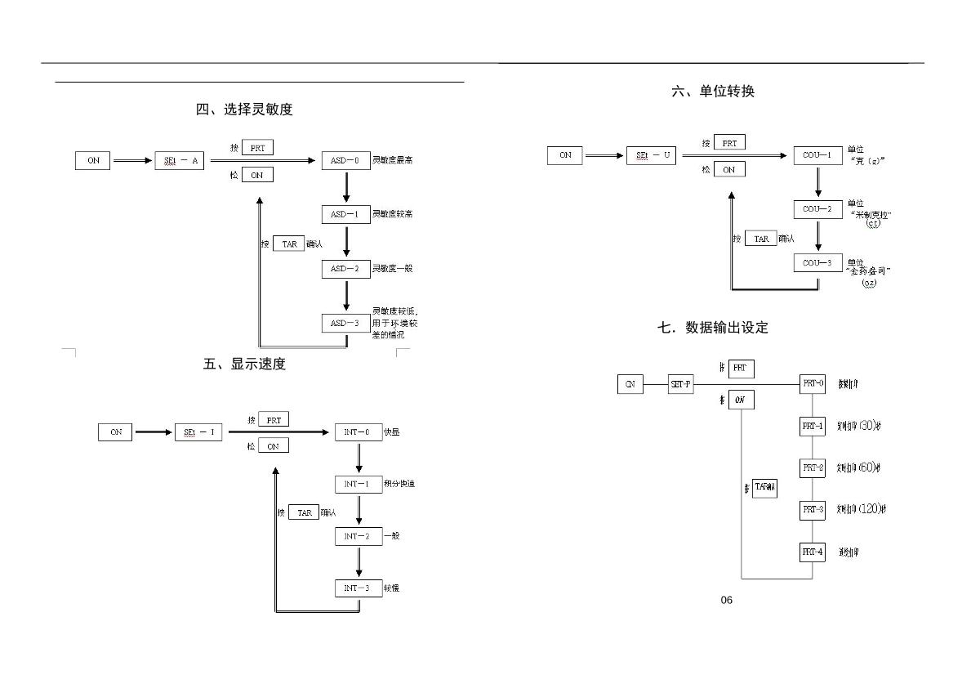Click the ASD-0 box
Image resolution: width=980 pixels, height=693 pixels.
[x=345, y=161]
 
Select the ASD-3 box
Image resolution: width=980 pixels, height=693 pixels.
[x=345, y=324]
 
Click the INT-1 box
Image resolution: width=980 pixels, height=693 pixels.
[x=358, y=485]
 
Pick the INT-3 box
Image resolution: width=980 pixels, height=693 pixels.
[x=358, y=588]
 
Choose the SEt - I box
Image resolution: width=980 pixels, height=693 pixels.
[x=198, y=432]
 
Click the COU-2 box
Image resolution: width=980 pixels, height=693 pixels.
[x=817, y=209]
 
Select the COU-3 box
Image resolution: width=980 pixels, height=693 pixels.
[x=817, y=263]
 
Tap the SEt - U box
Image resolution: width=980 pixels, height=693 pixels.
[x=652, y=155]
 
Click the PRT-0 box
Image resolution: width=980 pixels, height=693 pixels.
[x=813, y=383]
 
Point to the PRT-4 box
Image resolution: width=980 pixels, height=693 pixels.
[x=813, y=552]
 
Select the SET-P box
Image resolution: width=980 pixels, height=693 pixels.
[x=680, y=384]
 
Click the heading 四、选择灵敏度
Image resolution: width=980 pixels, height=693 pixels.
[x=244, y=110]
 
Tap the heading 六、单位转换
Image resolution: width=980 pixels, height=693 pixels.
[x=713, y=92]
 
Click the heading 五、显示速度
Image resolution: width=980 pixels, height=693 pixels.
[x=244, y=364]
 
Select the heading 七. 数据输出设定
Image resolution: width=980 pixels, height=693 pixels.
[x=713, y=328]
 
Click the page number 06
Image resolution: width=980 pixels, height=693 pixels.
[x=727, y=601]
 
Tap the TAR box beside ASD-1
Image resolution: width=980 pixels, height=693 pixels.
[x=288, y=244]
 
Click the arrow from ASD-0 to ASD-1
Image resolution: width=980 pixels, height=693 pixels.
[x=345, y=187]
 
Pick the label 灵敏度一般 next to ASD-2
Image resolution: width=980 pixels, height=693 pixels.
[x=393, y=269]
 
